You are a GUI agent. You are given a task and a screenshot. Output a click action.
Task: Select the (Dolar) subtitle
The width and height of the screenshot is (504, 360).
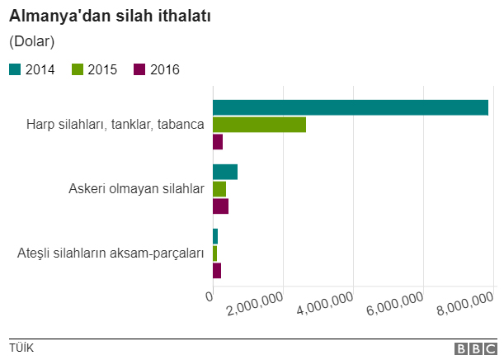(32, 40)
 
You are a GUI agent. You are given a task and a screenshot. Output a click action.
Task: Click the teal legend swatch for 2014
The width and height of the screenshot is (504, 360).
(15, 69)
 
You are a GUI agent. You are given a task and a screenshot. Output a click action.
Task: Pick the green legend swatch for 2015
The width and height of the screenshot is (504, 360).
(78, 69)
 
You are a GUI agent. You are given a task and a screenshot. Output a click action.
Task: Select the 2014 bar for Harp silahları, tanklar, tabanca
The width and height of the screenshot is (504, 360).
(351, 107)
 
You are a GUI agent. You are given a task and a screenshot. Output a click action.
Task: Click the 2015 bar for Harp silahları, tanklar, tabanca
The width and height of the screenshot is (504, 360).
(259, 125)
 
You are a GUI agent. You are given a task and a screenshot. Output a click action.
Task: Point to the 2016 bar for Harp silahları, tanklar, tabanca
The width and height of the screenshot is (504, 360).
(218, 142)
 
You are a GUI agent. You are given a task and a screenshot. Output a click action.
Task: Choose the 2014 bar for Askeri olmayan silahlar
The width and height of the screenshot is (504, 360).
(225, 172)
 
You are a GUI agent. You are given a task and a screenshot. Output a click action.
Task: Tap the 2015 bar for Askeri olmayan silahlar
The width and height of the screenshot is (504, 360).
(219, 189)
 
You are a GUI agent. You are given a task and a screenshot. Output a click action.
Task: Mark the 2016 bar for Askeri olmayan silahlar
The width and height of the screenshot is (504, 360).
(220, 206)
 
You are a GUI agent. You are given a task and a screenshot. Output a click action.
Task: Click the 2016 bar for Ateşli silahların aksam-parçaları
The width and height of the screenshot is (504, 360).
(217, 270)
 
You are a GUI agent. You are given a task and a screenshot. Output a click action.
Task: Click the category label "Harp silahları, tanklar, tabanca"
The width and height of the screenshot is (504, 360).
(115, 125)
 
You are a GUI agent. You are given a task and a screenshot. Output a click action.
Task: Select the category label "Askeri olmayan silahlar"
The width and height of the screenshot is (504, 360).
(135, 189)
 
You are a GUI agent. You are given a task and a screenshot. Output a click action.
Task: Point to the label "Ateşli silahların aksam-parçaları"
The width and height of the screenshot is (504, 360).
(111, 253)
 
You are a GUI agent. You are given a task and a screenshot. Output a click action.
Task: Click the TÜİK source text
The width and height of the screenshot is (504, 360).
(21, 348)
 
